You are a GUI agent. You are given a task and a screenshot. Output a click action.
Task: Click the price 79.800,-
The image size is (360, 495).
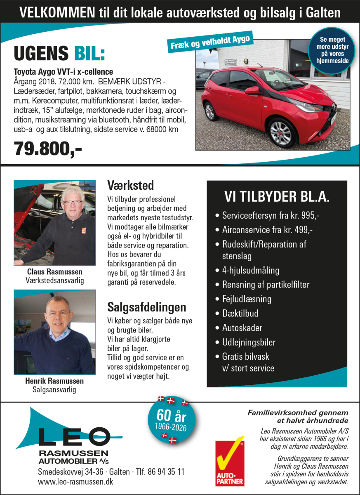[48, 149]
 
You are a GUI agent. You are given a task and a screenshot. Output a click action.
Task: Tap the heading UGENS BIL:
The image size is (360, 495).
[59, 54]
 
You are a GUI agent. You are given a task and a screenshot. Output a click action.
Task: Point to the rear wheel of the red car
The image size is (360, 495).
[210, 111]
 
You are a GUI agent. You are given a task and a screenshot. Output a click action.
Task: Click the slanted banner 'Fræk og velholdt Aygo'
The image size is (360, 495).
[210, 42]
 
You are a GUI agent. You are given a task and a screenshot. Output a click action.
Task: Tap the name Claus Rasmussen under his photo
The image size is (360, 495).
[54, 272]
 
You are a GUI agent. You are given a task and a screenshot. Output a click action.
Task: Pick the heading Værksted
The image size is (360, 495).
[130, 184]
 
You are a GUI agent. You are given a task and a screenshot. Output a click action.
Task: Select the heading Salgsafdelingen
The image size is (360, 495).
[146, 307]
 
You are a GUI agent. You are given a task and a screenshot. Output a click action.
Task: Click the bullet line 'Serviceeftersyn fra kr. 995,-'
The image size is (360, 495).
[271, 215]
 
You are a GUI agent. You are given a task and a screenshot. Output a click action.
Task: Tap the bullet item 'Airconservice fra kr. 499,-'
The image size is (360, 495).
[267, 230]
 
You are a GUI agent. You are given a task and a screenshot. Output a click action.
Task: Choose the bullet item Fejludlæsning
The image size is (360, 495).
[247, 299]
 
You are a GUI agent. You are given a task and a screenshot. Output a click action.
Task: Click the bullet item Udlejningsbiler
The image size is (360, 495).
[249, 342]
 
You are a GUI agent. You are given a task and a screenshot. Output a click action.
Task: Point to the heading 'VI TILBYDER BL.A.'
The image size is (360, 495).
[276, 197]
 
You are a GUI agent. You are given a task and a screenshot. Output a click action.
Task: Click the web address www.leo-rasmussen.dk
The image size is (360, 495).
[75, 481]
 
